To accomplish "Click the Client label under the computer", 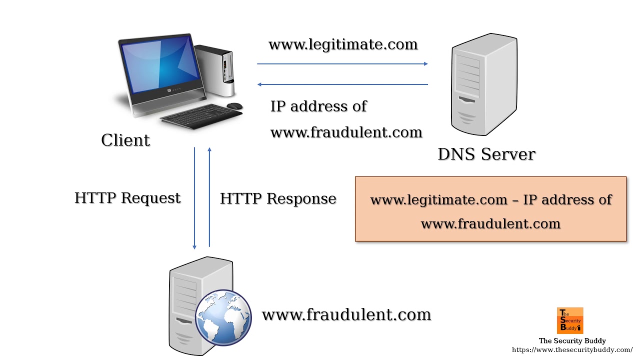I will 125,140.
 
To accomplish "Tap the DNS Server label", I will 486,154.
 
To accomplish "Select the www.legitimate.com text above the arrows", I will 343,44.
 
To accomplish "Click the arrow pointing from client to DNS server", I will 342,64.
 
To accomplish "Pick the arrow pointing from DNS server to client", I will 342,84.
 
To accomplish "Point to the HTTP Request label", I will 127,198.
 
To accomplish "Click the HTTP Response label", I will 278,198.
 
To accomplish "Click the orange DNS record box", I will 490,209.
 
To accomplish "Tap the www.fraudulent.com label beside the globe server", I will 346,315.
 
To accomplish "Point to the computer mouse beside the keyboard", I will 234,105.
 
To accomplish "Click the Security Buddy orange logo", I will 569,320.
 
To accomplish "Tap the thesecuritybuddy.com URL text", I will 572,349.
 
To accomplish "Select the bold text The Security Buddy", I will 572,340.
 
